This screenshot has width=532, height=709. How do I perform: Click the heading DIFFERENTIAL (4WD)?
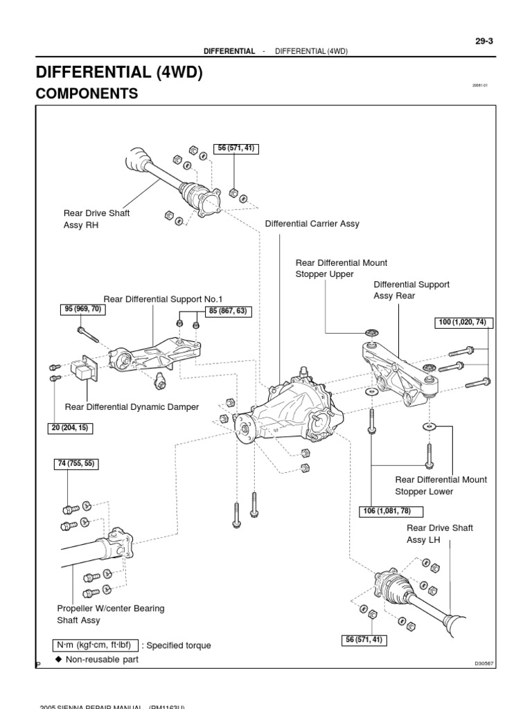pos(118,73)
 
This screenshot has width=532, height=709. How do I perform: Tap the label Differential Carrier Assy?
pos(312,224)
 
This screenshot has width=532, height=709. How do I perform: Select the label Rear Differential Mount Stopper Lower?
pos(441,485)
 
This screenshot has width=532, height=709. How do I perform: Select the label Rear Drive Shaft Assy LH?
pos(440,534)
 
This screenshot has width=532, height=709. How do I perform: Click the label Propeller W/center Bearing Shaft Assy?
pos(111,614)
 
